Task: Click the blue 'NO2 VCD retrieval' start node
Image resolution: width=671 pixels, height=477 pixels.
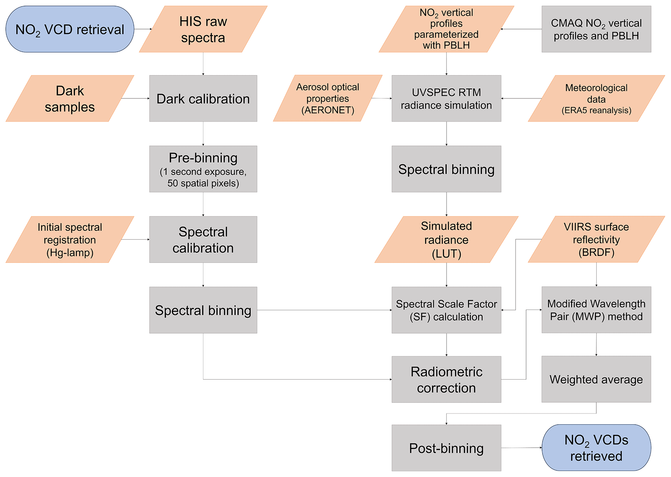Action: coord(70,29)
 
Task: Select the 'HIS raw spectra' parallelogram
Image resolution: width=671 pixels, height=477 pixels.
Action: coord(203,29)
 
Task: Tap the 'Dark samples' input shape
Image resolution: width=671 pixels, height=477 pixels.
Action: coord(70,98)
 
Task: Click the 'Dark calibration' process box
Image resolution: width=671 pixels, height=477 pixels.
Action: coord(203,98)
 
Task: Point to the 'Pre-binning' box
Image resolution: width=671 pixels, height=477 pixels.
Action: coord(203,169)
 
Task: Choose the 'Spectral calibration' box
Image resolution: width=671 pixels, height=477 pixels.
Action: coord(203,239)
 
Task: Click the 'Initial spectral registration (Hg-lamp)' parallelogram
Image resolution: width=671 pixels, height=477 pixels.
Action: coord(70,239)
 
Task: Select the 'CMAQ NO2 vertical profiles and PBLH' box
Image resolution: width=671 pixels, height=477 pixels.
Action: coord(596,29)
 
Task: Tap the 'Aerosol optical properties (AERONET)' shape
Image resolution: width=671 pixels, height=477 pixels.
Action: coord(328,98)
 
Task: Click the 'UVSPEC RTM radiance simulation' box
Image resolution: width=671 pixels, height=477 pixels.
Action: coord(446,98)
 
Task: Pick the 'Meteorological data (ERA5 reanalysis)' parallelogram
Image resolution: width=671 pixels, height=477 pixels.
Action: coord(596,98)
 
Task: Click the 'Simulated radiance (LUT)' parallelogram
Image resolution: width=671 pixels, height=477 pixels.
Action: coord(446,239)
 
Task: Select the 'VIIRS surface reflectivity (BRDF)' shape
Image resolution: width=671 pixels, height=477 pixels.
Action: coord(596,239)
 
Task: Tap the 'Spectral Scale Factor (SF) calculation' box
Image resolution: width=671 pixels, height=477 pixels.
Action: coord(446,310)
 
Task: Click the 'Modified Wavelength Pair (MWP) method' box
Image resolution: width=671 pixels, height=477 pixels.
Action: coord(596,310)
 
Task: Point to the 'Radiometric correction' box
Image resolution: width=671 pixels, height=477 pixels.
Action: coord(446,380)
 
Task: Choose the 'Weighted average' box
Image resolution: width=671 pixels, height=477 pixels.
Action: coord(596,380)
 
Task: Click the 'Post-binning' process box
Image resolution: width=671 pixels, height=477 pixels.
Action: coord(446,448)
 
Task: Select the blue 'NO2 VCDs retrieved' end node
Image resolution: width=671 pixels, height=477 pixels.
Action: coord(596,448)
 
